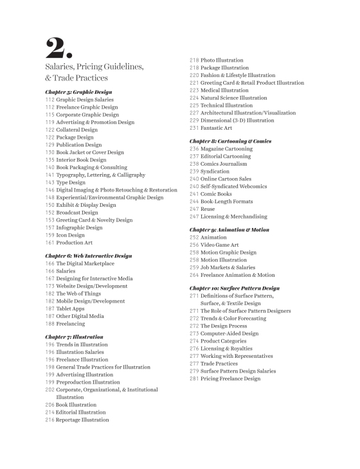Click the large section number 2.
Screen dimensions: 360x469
[60, 46]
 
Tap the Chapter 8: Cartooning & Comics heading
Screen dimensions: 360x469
[230, 141]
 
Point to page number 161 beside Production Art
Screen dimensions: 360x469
[50, 242]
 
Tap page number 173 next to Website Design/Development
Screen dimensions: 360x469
[50, 285]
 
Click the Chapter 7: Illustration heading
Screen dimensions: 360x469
[74, 337]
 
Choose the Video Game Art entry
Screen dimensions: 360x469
[222, 245]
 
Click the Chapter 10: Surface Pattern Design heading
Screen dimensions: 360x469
[234, 288]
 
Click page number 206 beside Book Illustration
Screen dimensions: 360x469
[50, 405]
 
